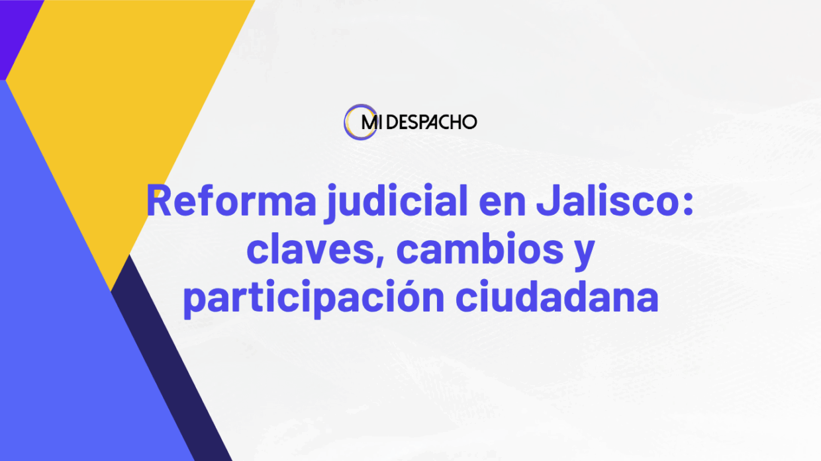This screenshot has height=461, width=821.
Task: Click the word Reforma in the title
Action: (x=231, y=200)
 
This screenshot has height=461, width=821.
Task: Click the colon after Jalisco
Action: (x=689, y=204)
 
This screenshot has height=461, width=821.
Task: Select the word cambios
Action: (x=480, y=247)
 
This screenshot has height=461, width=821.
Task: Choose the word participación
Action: (x=314, y=296)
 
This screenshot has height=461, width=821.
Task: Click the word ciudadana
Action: (x=557, y=295)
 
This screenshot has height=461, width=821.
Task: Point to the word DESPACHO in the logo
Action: (x=432, y=122)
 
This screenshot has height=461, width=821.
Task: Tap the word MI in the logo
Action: (x=369, y=122)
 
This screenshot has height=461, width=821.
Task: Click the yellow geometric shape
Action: (x=124, y=110)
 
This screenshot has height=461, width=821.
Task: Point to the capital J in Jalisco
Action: (x=549, y=200)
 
